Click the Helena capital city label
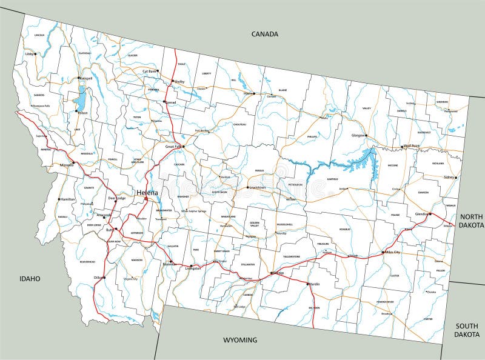pyautogui.click(x=147, y=193)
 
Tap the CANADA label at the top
pyautogui.click(x=265, y=35)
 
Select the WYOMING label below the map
pyautogui.click(x=240, y=339)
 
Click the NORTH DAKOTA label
pyautogui.click(x=470, y=221)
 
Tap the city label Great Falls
pyautogui.click(x=174, y=146)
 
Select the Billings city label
pyautogui.click(x=278, y=273)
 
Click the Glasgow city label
pyautogui.click(x=358, y=136)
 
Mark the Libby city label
pyautogui.click(x=29, y=54)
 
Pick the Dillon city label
pyautogui.click(x=96, y=278)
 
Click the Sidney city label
pyautogui.click(x=449, y=178)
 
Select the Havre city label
pyautogui.click(x=247, y=94)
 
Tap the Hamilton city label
pyautogui.click(x=67, y=199)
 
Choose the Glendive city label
pyautogui.click(x=422, y=214)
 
